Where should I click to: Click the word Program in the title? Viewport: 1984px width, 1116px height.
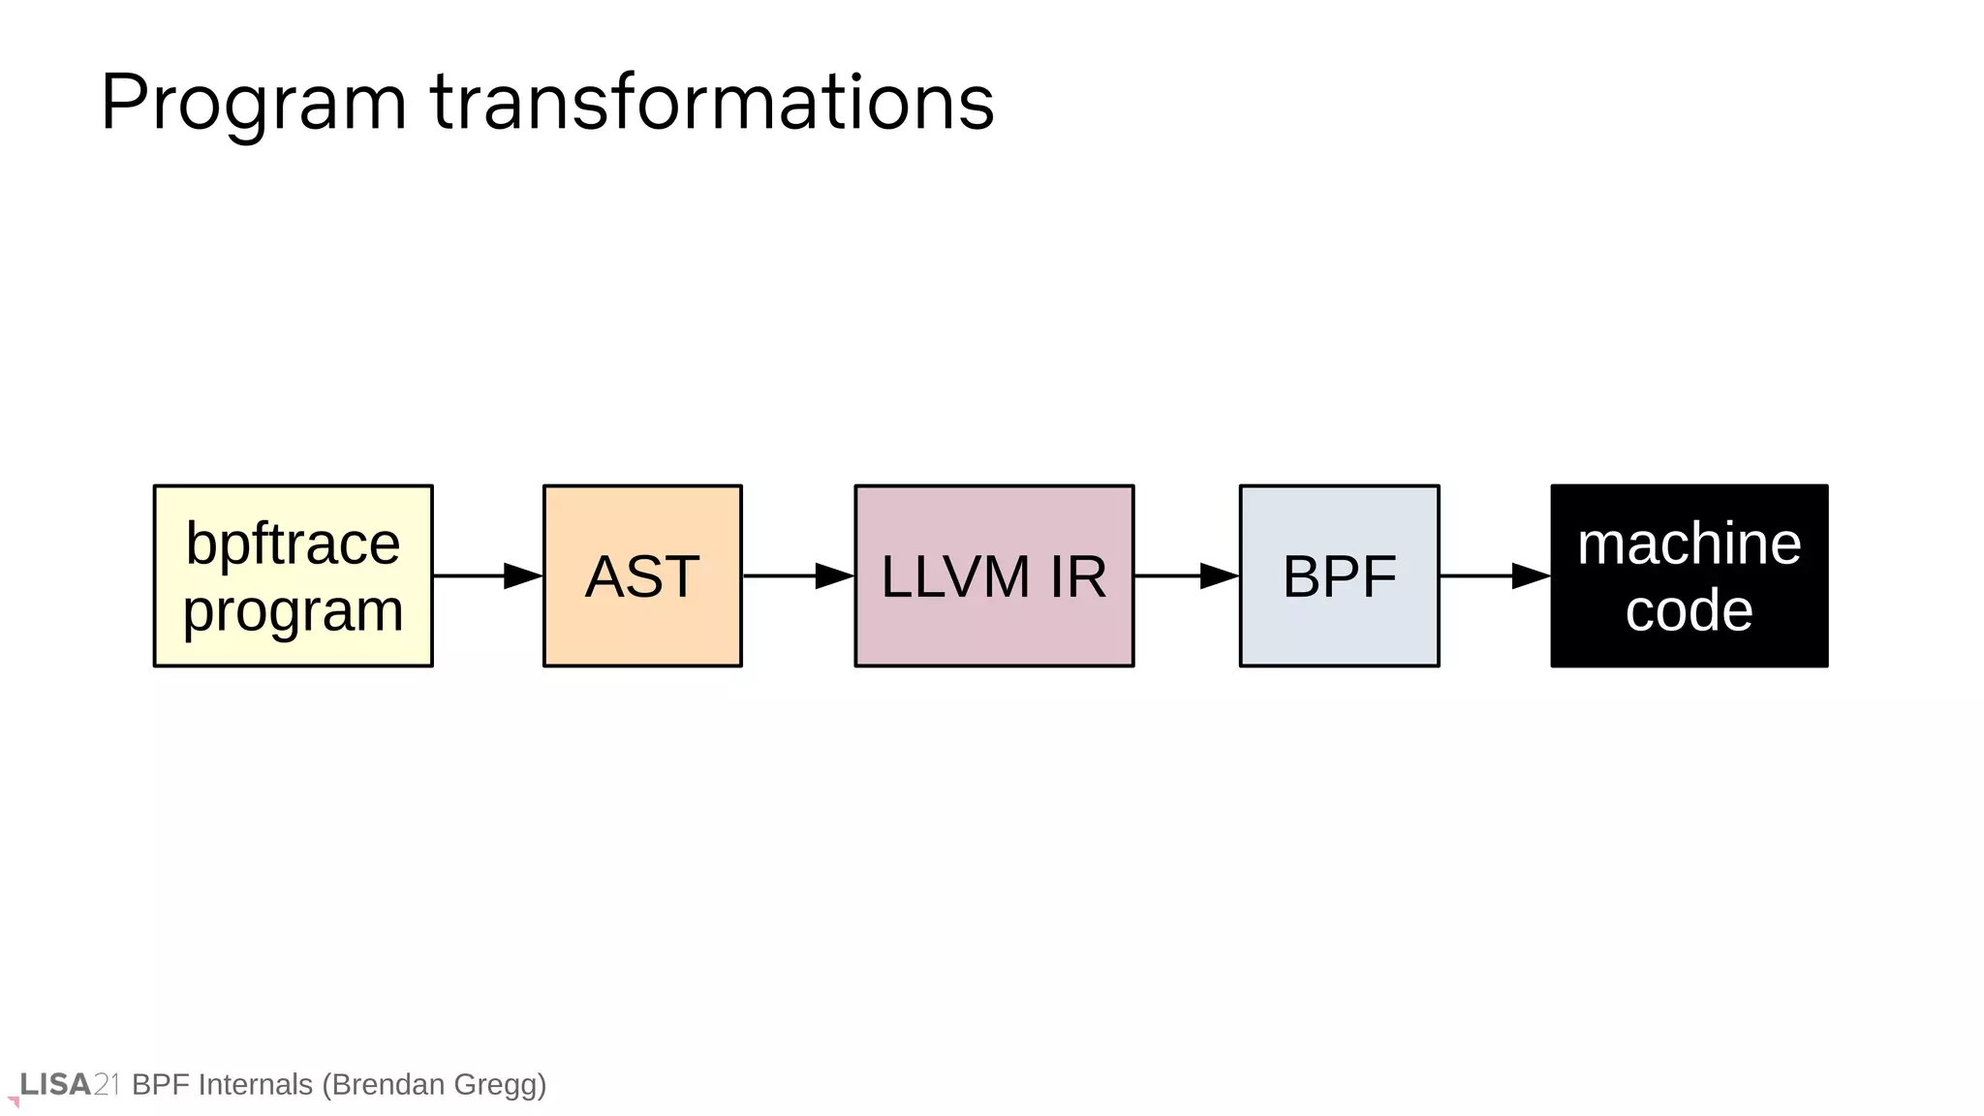pos(254,104)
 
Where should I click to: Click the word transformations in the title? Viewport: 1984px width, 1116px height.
pos(712,102)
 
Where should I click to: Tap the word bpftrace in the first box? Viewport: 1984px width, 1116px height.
pos(293,543)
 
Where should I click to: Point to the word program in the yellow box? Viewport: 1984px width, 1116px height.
pos(293,611)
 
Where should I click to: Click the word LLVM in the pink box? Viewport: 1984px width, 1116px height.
pos(954,577)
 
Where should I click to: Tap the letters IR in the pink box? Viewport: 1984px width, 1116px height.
pos(1077,577)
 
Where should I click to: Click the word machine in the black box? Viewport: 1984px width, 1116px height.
pos(1689,543)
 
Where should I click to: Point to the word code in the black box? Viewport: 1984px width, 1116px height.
pos(1689,610)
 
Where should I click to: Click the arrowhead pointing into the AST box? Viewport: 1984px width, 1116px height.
pos(522,575)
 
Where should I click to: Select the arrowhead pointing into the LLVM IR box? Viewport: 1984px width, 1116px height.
pos(833,575)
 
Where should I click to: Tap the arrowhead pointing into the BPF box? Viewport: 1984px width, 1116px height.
pos(1219,575)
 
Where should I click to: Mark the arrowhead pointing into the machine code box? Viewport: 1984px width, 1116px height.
pos(1530,575)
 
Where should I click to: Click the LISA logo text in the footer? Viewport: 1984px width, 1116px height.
pos(56,1084)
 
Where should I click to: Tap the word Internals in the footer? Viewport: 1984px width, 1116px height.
pos(255,1084)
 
